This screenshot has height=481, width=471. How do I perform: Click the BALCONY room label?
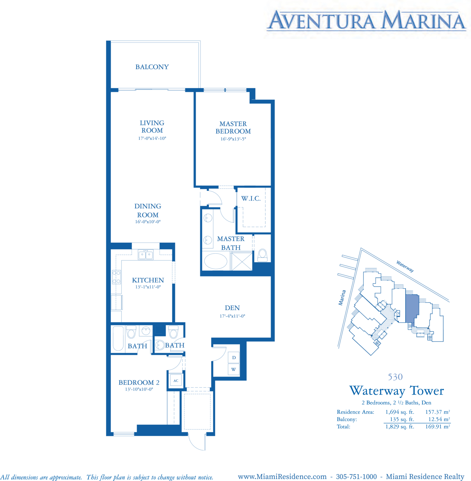point(152,67)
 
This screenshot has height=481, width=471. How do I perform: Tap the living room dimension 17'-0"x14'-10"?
point(152,138)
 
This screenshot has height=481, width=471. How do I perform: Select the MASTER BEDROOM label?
point(233,128)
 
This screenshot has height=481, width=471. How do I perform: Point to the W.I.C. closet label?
point(251,199)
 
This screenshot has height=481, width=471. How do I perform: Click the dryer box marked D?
point(234,357)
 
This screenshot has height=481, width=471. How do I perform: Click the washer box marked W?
point(234,369)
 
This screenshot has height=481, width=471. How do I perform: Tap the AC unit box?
point(176,381)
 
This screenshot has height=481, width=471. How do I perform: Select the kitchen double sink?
point(146,255)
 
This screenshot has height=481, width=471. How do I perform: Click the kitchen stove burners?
point(116,277)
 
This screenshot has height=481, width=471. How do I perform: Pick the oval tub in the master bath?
point(216,261)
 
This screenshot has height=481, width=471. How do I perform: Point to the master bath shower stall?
point(242,261)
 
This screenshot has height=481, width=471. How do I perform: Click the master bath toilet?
point(262,255)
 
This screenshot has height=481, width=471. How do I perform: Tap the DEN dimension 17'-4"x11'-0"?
point(232,316)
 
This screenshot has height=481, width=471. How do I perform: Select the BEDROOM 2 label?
point(139,382)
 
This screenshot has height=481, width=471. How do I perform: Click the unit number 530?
point(395,377)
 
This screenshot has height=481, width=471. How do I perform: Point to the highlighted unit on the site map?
point(411,308)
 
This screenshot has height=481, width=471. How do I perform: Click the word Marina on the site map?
point(342,297)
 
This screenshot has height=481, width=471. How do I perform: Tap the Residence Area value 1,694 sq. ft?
point(400,412)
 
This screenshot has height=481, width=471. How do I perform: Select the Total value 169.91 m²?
point(438,426)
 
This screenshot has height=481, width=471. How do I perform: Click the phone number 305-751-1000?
point(356,477)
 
